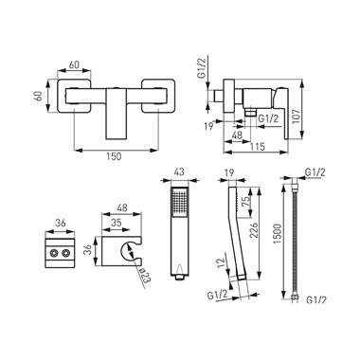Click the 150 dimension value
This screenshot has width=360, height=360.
click(115, 155)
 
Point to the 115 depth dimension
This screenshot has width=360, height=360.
click(259, 147)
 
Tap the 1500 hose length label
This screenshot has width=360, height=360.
click(277, 234)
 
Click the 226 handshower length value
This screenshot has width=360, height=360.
click(254, 233)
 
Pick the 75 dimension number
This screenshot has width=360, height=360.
click(245, 201)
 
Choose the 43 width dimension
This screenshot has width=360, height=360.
click(179, 172)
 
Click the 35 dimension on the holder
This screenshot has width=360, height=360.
click(117, 223)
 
